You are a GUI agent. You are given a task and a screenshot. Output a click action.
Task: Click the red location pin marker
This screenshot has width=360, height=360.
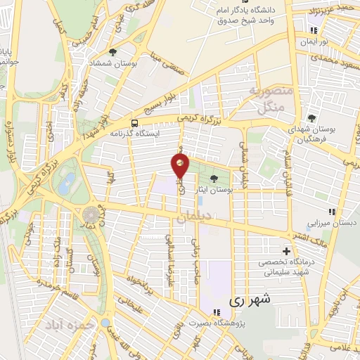181,165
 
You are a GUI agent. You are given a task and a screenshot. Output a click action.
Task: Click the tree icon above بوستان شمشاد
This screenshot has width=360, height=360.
112,52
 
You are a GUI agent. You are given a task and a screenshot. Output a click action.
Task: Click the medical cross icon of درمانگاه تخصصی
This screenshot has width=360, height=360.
286,251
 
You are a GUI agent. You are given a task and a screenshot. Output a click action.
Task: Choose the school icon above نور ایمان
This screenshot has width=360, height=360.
314,30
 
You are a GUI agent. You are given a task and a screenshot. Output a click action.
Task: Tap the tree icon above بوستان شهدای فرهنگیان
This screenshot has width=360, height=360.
312,118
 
